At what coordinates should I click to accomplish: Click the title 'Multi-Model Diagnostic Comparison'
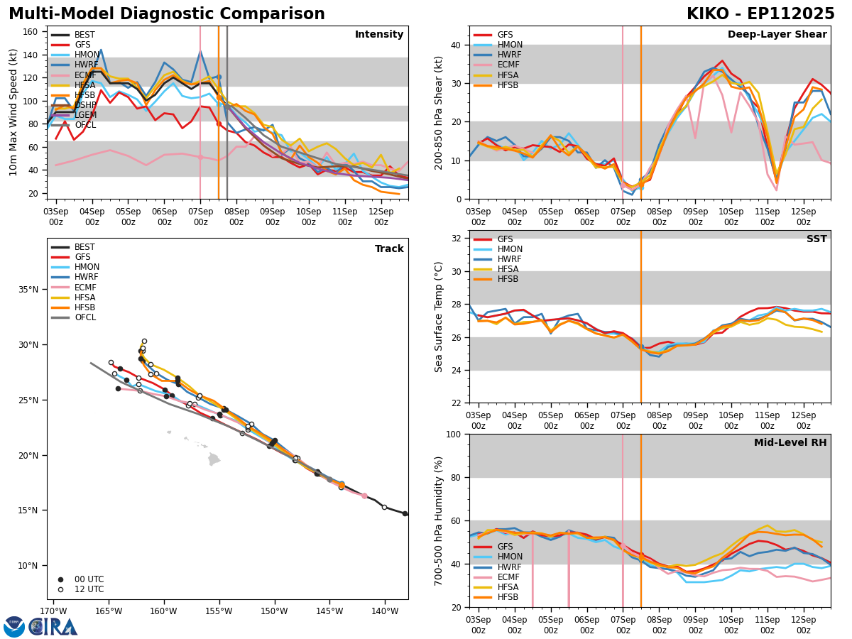(x=166, y=14)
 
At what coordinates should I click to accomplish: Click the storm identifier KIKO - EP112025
(x=760, y=14)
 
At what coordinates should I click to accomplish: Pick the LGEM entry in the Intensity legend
(x=84, y=115)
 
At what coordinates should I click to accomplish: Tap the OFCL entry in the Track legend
(x=85, y=317)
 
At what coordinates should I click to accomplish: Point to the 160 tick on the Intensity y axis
(x=34, y=32)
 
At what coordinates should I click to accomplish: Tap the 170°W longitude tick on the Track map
(x=53, y=611)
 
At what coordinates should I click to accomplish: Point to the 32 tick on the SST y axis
(x=457, y=239)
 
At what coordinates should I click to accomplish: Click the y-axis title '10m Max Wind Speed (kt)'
(x=14, y=112)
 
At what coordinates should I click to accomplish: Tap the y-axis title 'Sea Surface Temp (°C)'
(x=439, y=317)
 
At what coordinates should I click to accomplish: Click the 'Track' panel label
(x=389, y=249)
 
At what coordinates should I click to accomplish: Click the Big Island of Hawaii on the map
(x=214, y=459)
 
